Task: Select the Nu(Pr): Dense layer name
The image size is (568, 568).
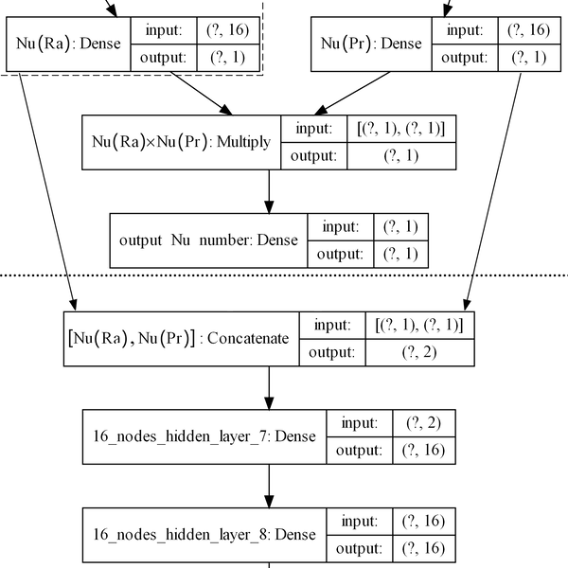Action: pyautogui.click(x=370, y=44)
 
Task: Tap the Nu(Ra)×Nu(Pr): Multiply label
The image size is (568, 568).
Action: pyautogui.click(x=181, y=142)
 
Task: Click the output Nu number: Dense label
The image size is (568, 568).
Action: pyautogui.click(x=208, y=240)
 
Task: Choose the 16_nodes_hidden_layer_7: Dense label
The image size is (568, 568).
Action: pyautogui.click(x=203, y=436)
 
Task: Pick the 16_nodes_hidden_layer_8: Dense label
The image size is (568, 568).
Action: pyautogui.click(x=203, y=534)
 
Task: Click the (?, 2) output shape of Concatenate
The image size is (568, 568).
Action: pyautogui.click(x=417, y=352)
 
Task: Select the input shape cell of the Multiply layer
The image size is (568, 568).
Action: pyautogui.click(x=400, y=129)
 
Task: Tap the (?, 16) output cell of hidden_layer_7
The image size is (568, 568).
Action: pyautogui.click(x=420, y=451)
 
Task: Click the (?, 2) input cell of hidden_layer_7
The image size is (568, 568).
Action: pyautogui.click(x=420, y=423)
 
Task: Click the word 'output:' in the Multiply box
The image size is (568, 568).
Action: pyautogui.click(x=313, y=155)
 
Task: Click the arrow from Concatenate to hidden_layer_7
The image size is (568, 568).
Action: pyautogui.click(x=270, y=387)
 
